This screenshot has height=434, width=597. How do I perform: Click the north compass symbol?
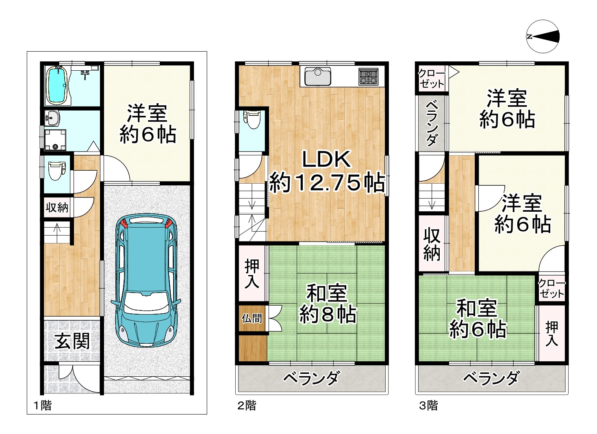(x=543, y=37)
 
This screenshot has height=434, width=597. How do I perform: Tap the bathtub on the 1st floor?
(x=56, y=85)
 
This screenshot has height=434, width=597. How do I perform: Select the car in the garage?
(x=145, y=280)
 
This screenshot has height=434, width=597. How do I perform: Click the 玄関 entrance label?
(x=72, y=341)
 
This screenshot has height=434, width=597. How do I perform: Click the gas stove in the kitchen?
(x=368, y=76)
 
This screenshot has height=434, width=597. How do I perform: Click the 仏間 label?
(x=252, y=318)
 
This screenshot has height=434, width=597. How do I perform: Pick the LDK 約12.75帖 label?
(x=327, y=171)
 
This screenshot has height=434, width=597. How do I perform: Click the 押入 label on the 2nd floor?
(x=252, y=274)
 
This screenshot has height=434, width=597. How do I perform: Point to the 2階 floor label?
(x=247, y=405)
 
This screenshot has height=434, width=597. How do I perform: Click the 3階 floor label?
(x=428, y=405)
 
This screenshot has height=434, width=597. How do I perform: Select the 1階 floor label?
(x=42, y=405)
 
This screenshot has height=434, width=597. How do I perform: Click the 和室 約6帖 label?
(x=478, y=319)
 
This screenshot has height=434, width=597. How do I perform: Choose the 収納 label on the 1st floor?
(x=57, y=208)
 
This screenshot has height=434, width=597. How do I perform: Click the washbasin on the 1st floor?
(x=52, y=118)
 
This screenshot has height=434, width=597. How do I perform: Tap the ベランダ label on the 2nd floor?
(x=311, y=379)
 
